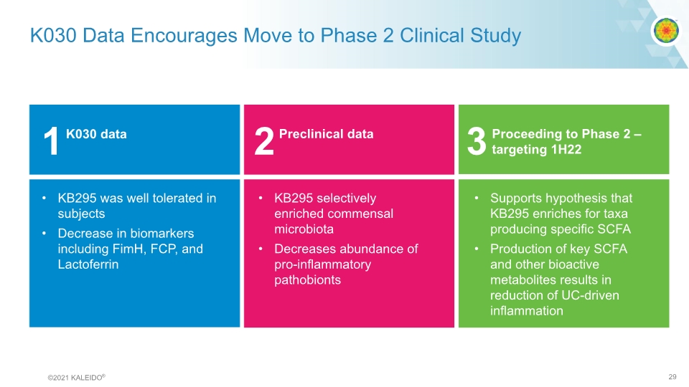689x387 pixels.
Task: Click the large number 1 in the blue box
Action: [50, 142]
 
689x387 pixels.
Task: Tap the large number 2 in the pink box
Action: [264, 142]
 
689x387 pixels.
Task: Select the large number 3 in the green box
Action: [477, 142]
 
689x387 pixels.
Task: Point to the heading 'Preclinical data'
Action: [326, 134]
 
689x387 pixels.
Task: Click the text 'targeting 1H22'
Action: [536, 149]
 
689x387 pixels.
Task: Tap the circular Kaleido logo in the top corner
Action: [664, 31]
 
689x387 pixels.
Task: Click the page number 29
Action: [672, 376]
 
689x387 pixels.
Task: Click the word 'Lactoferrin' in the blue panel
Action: [88, 264]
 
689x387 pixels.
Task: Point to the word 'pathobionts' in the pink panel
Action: [307, 279]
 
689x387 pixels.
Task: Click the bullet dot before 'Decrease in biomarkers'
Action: [44, 234]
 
